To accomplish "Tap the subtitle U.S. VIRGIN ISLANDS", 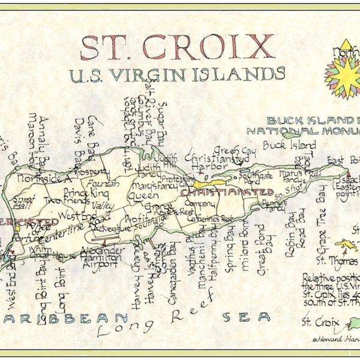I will [177, 75].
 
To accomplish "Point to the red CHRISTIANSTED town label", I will [227, 192].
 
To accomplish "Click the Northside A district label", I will [44, 178].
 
